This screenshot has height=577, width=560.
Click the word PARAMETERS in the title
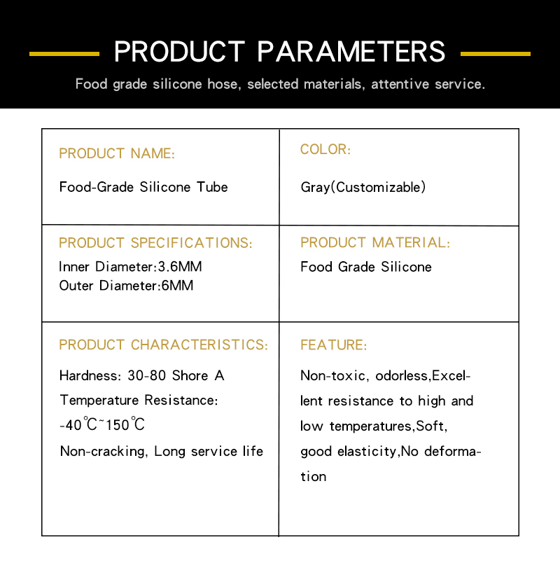click(x=351, y=52)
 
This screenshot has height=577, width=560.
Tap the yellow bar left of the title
click(x=64, y=54)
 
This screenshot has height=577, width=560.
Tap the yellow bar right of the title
click(x=495, y=54)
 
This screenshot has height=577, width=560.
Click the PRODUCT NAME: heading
click(x=117, y=153)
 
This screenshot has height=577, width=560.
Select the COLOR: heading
click(x=325, y=149)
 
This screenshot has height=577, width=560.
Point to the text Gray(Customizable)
click(x=363, y=187)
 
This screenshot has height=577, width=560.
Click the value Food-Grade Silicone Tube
click(x=143, y=187)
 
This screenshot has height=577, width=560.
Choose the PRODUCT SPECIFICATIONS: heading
click(x=155, y=243)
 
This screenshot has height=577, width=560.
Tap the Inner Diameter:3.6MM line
click(x=130, y=266)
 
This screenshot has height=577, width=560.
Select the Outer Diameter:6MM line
click(x=126, y=286)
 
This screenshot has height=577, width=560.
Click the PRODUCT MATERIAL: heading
click(x=375, y=242)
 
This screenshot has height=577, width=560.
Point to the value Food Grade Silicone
click(x=366, y=267)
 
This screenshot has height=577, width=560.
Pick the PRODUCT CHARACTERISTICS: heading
click(x=164, y=345)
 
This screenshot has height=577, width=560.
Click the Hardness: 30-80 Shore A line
click(x=142, y=376)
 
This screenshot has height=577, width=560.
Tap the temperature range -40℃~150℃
click(x=102, y=424)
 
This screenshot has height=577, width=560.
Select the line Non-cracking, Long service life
click(x=162, y=451)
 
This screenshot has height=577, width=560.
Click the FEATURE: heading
click(x=334, y=345)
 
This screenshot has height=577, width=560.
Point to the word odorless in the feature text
click(x=402, y=376)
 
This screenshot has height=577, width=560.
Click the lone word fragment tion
click(x=313, y=477)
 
